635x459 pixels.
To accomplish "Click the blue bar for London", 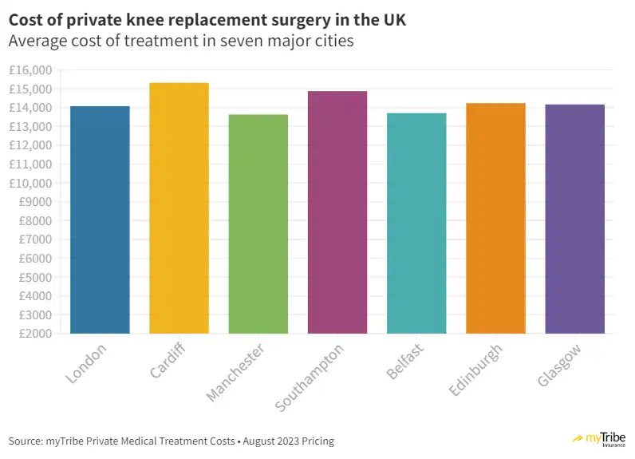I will click(x=100, y=220).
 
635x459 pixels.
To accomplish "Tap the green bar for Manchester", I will click(x=258, y=224).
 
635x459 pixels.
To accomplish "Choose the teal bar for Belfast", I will click(x=416, y=223).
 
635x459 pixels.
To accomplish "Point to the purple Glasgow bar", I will click(x=574, y=219).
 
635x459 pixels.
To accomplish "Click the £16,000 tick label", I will click(x=30, y=70).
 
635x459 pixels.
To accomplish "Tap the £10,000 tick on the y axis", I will click(x=30, y=183).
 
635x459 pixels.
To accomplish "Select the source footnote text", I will click(x=172, y=441).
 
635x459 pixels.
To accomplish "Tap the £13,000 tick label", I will click(x=30, y=127).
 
